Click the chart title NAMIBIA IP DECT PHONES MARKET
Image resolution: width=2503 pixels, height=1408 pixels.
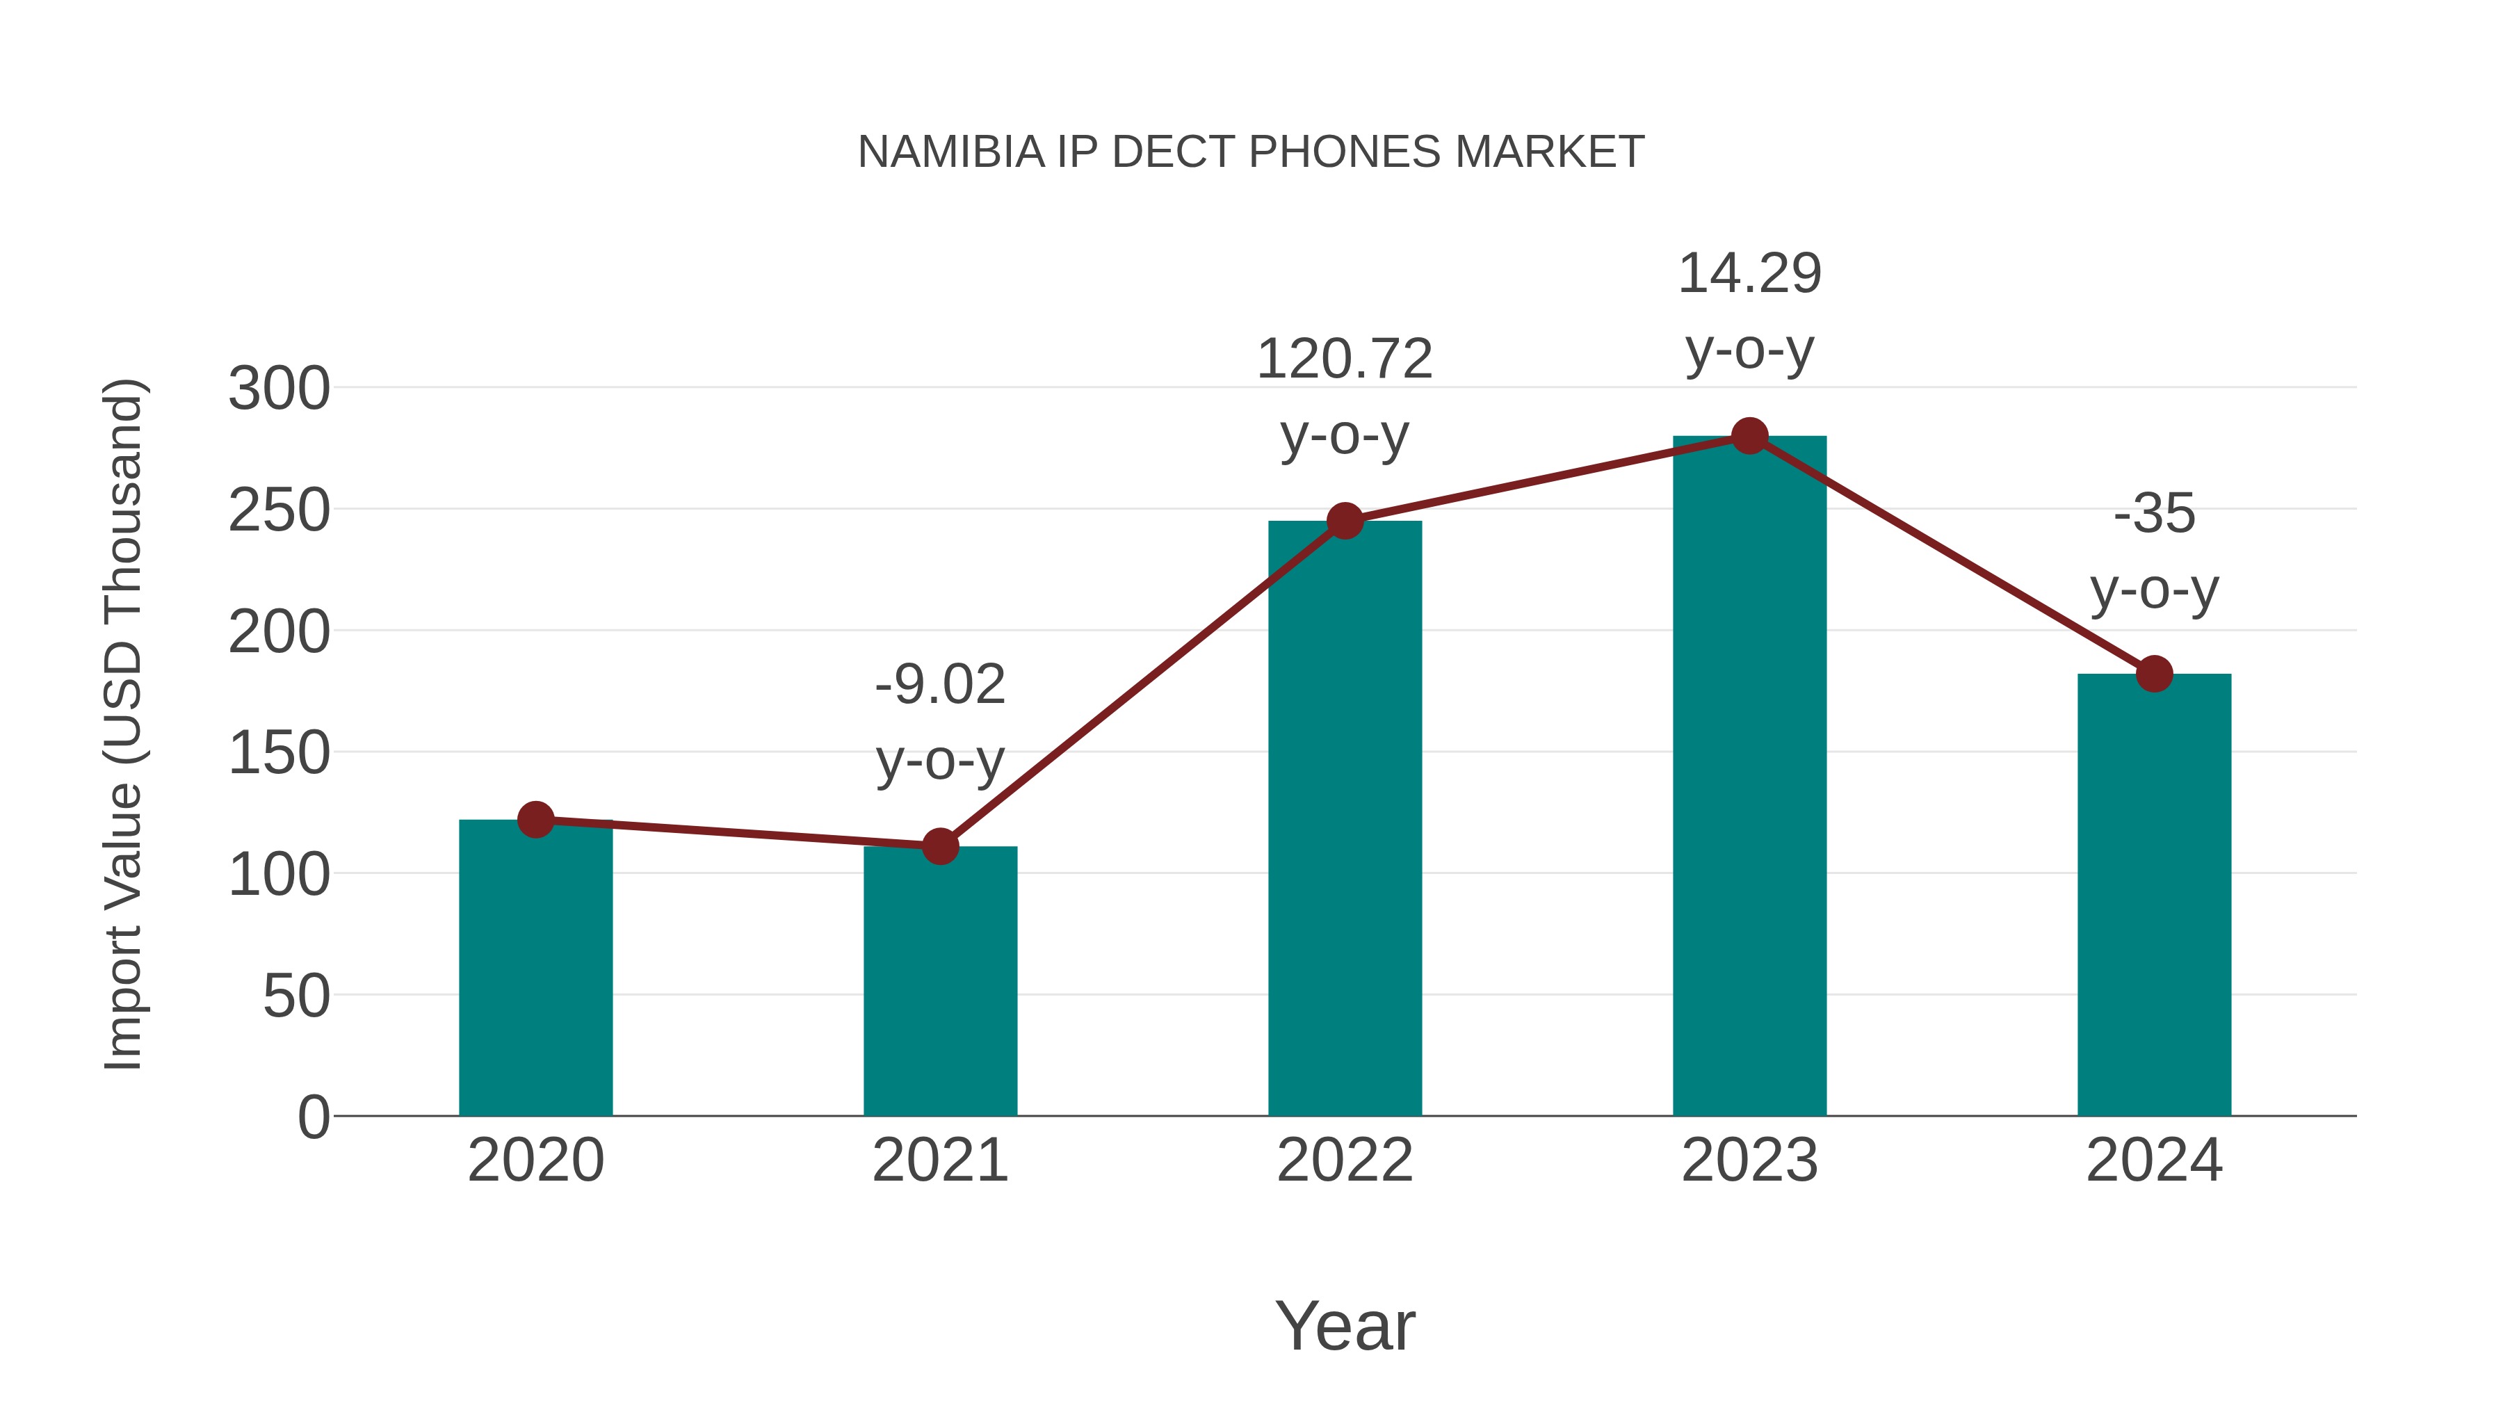click(1251, 152)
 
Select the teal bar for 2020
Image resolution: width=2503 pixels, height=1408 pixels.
click(535, 972)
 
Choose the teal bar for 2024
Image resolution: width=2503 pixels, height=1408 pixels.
click(2154, 894)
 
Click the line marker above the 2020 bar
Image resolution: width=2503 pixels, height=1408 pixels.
click(535, 820)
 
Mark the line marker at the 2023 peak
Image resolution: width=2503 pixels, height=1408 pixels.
click(1749, 436)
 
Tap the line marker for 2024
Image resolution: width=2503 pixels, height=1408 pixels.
click(2154, 673)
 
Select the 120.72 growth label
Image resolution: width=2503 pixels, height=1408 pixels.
click(1345, 359)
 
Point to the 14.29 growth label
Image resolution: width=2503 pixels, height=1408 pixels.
click(1749, 274)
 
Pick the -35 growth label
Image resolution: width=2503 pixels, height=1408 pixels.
click(2154, 513)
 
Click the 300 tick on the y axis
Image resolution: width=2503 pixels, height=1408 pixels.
click(279, 389)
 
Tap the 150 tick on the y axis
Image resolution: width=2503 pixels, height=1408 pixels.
click(279, 753)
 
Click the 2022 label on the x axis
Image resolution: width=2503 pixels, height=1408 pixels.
click(1345, 1160)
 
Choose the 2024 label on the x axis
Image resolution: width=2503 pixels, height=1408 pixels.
click(2154, 1160)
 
